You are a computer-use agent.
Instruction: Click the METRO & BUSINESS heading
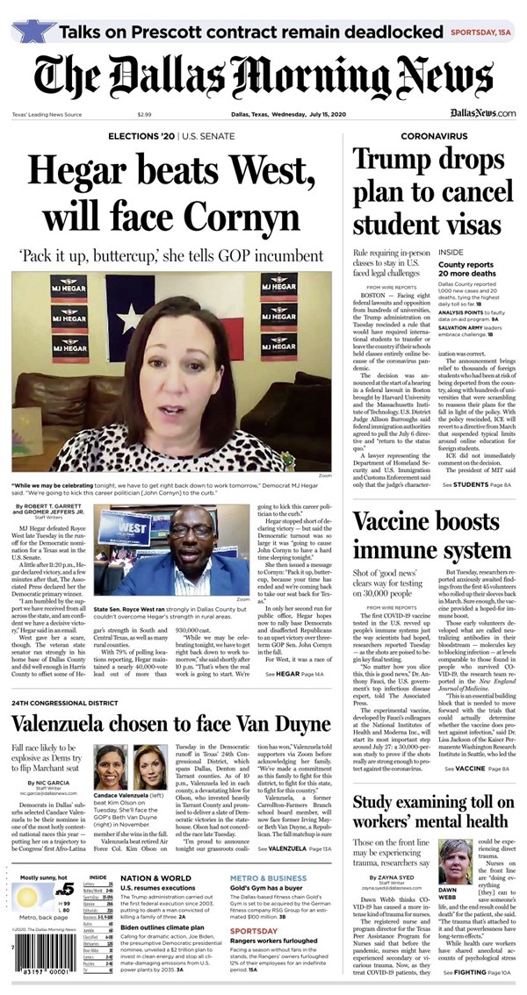268,877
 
